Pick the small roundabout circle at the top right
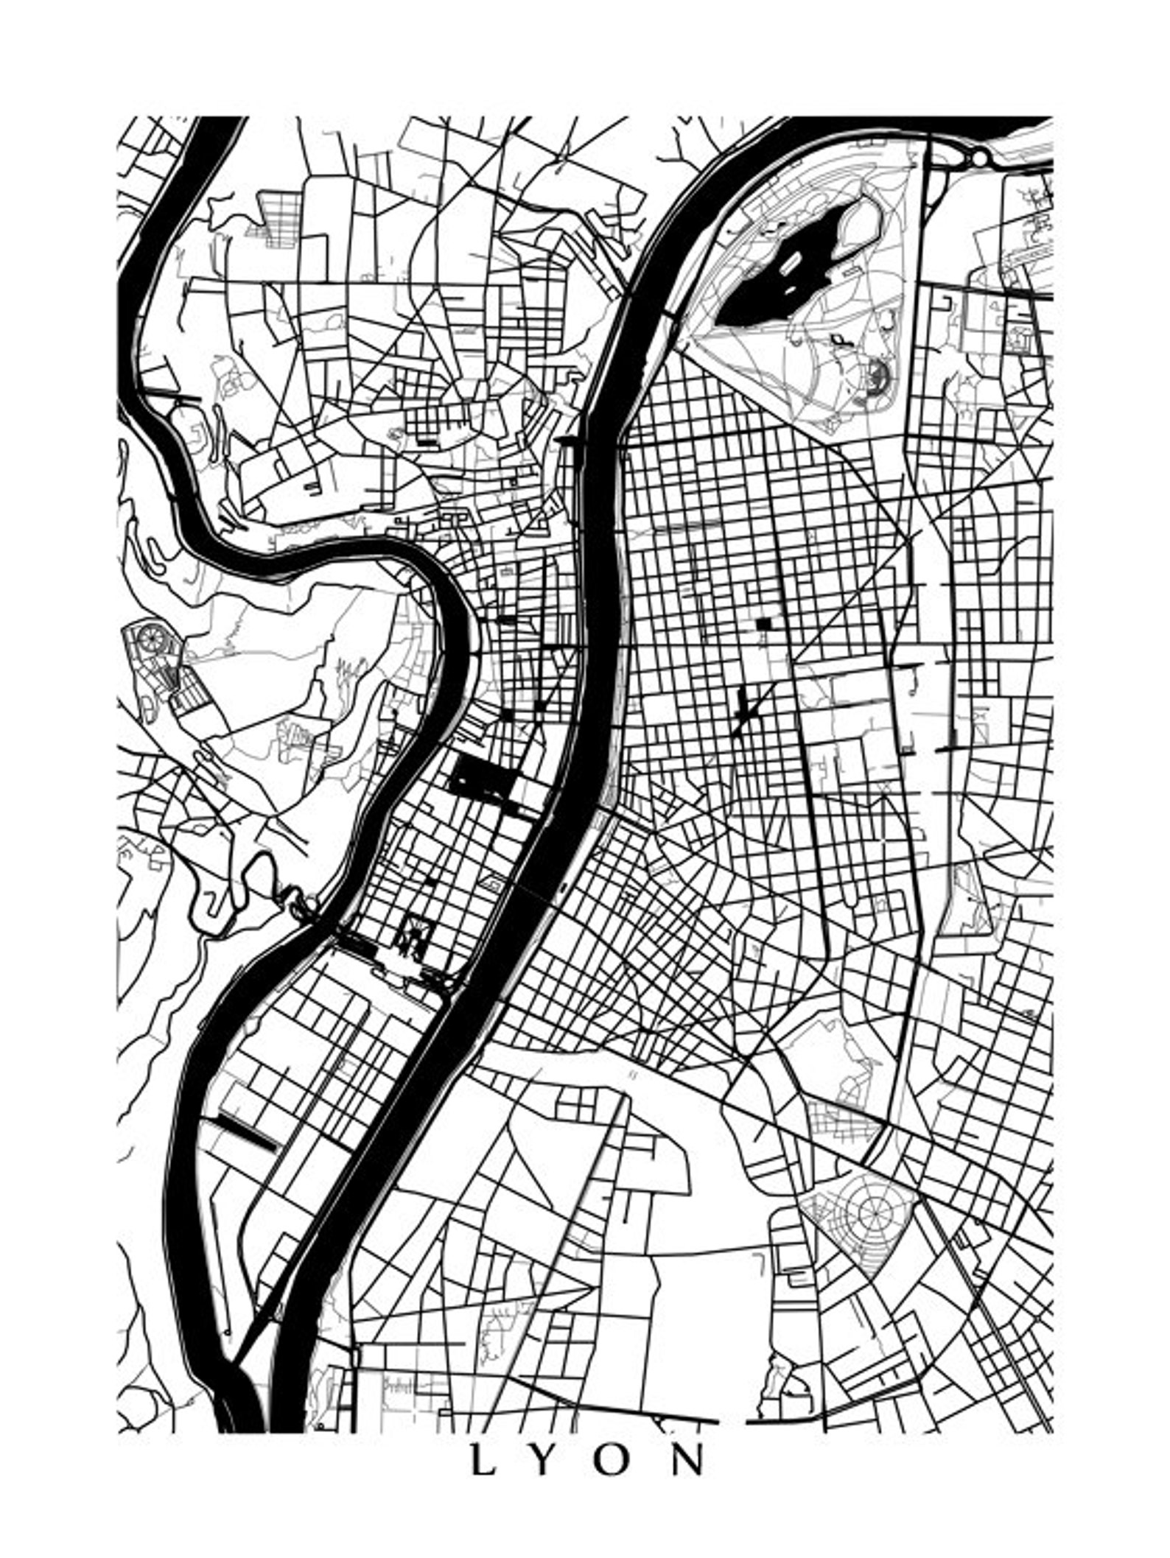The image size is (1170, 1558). coord(980,158)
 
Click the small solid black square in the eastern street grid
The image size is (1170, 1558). coord(763,623)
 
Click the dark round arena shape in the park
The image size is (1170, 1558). coord(877,376)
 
